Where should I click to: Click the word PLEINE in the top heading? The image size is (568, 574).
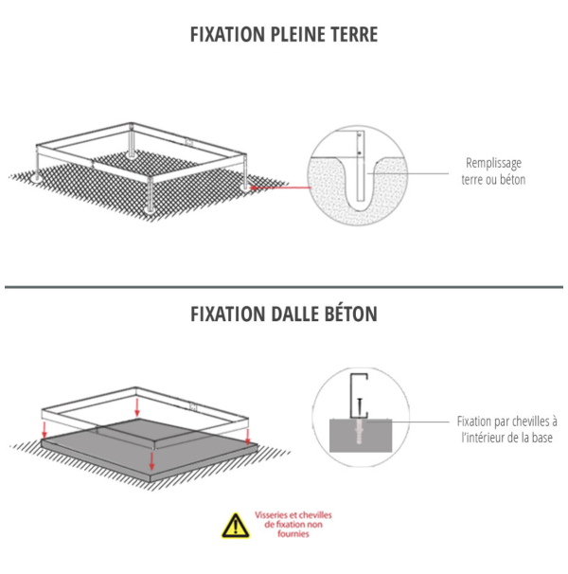[298, 35]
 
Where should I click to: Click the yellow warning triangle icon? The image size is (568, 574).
[236, 526]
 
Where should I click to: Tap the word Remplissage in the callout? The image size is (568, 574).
[493, 163]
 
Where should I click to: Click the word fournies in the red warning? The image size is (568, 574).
[293, 533]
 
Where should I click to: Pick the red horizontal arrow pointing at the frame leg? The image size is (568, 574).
[280, 188]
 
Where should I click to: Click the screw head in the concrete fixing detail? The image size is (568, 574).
[360, 400]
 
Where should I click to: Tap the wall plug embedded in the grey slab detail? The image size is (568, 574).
[360, 432]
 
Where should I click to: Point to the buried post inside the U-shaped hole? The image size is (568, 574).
[361, 166]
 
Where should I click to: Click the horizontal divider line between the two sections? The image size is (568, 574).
[284, 287]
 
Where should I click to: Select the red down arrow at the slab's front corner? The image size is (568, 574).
[151, 461]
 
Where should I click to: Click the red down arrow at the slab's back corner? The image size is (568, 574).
[137, 408]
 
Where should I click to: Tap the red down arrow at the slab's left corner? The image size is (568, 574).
[44, 430]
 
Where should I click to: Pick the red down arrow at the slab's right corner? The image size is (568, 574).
[248, 437]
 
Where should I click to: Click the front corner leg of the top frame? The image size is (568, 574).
[150, 194]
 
